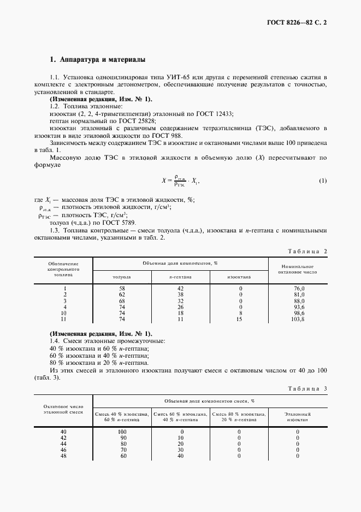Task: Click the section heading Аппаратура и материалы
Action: [98, 60]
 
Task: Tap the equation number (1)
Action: [322, 181]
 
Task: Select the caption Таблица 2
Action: [309, 251]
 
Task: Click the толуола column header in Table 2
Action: [121, 277]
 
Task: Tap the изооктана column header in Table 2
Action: [239, 277]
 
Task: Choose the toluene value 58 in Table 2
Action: [122, 288]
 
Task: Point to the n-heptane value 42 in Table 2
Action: [181, 288]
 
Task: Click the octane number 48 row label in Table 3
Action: [63, 456]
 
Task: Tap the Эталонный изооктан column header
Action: [298, 417]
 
